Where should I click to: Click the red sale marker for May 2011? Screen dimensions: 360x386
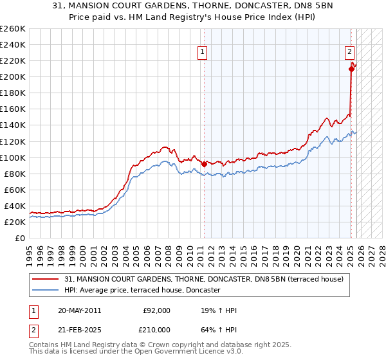205,164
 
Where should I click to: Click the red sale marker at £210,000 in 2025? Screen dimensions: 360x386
351,69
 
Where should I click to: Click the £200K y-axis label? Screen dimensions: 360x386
12,77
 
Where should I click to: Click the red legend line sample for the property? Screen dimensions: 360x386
46,279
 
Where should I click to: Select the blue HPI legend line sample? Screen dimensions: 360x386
46,291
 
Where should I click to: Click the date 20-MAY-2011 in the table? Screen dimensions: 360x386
79,310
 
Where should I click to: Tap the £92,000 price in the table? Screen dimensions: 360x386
157,310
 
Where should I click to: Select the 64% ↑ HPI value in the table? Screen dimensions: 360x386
219,329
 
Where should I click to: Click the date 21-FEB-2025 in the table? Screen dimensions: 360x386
79,329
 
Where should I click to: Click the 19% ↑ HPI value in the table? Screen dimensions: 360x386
219,310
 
